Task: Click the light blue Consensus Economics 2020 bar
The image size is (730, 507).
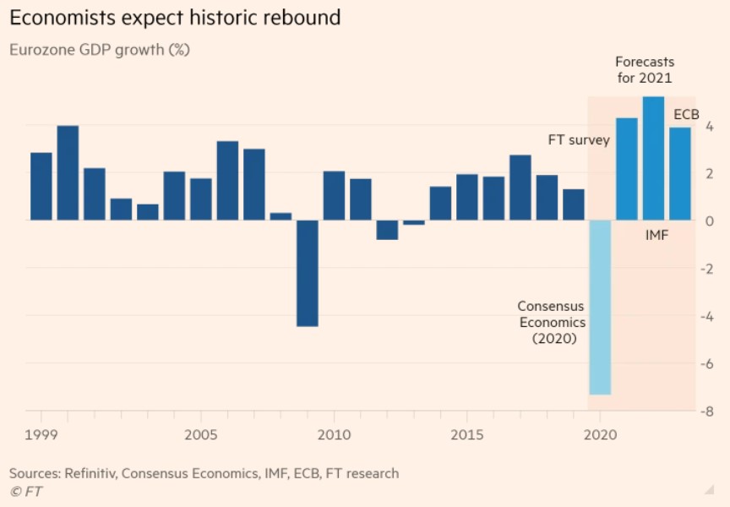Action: tap(600, 307)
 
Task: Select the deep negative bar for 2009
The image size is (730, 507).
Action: tap(308, 273)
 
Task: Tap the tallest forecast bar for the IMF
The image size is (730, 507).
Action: tap(653, 158)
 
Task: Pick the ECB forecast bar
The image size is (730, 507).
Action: tap(680, 173)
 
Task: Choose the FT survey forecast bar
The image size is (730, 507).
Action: tap(627, 169)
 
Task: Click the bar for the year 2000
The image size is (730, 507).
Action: tap(68, 173)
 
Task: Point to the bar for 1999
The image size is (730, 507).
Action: tap(41, 186)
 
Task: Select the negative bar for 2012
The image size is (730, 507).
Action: tap(387, 230)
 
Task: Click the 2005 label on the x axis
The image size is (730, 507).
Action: tap(200, 434)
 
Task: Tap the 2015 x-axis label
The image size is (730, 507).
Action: tap(466, 434)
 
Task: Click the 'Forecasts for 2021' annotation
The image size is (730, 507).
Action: tap(644, 70)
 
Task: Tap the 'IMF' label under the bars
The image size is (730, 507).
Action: tap(656, 235)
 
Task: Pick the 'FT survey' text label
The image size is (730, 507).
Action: tap(579, 139)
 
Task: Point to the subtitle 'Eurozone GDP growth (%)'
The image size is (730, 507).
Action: tap(100, 50)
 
